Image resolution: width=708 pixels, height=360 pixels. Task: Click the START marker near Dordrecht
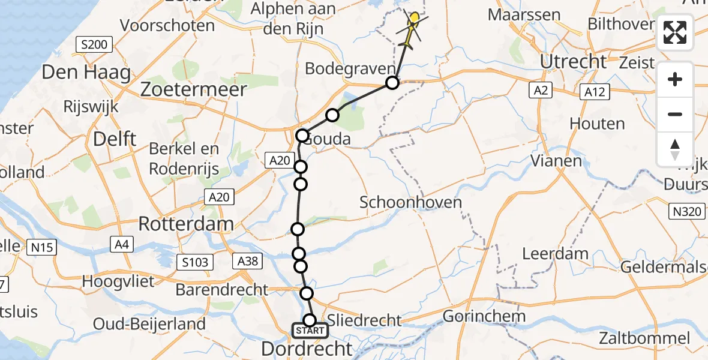[310, 331]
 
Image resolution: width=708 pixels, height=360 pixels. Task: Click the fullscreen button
[675, 32]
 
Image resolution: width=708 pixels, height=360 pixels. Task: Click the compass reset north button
[675, 149]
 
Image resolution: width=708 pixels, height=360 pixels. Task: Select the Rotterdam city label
[185, 224]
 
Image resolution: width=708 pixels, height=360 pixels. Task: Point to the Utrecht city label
[574, 61]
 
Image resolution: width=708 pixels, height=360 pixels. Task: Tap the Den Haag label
[86, 73]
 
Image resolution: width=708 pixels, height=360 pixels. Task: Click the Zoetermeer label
[193, 90]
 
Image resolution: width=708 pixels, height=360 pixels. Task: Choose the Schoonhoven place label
[410, 202]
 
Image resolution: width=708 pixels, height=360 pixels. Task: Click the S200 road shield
[95, 44]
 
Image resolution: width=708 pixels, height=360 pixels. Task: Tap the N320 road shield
[685, 211]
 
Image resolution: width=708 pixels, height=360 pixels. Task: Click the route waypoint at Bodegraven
[392, 83]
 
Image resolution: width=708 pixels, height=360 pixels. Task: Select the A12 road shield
[595, 91]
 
